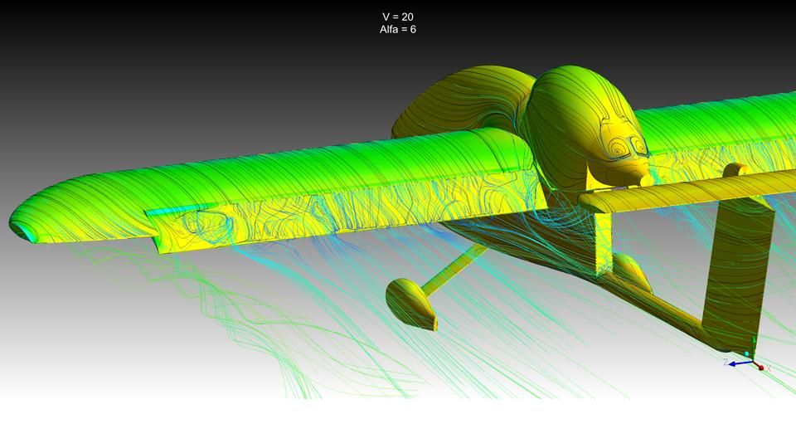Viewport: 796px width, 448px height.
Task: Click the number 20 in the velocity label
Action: pos(406,17)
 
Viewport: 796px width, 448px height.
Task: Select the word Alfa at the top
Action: pos(389,30)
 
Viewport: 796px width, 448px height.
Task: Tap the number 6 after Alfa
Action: pos(413,30)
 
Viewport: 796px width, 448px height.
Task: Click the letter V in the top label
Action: pos(386,17)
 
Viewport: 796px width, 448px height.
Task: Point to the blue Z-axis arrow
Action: pos(740,363)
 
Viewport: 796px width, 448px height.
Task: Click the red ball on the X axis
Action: pos(761,368)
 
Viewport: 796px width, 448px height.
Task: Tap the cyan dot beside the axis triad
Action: pos(746,353)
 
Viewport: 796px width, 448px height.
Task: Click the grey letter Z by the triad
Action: pos(726,362)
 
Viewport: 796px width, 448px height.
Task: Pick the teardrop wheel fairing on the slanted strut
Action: pos(411,304)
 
